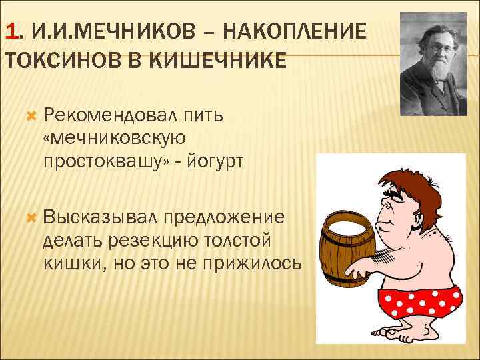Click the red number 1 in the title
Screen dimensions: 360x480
pos(9,31)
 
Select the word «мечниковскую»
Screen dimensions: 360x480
pos(114,139)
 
